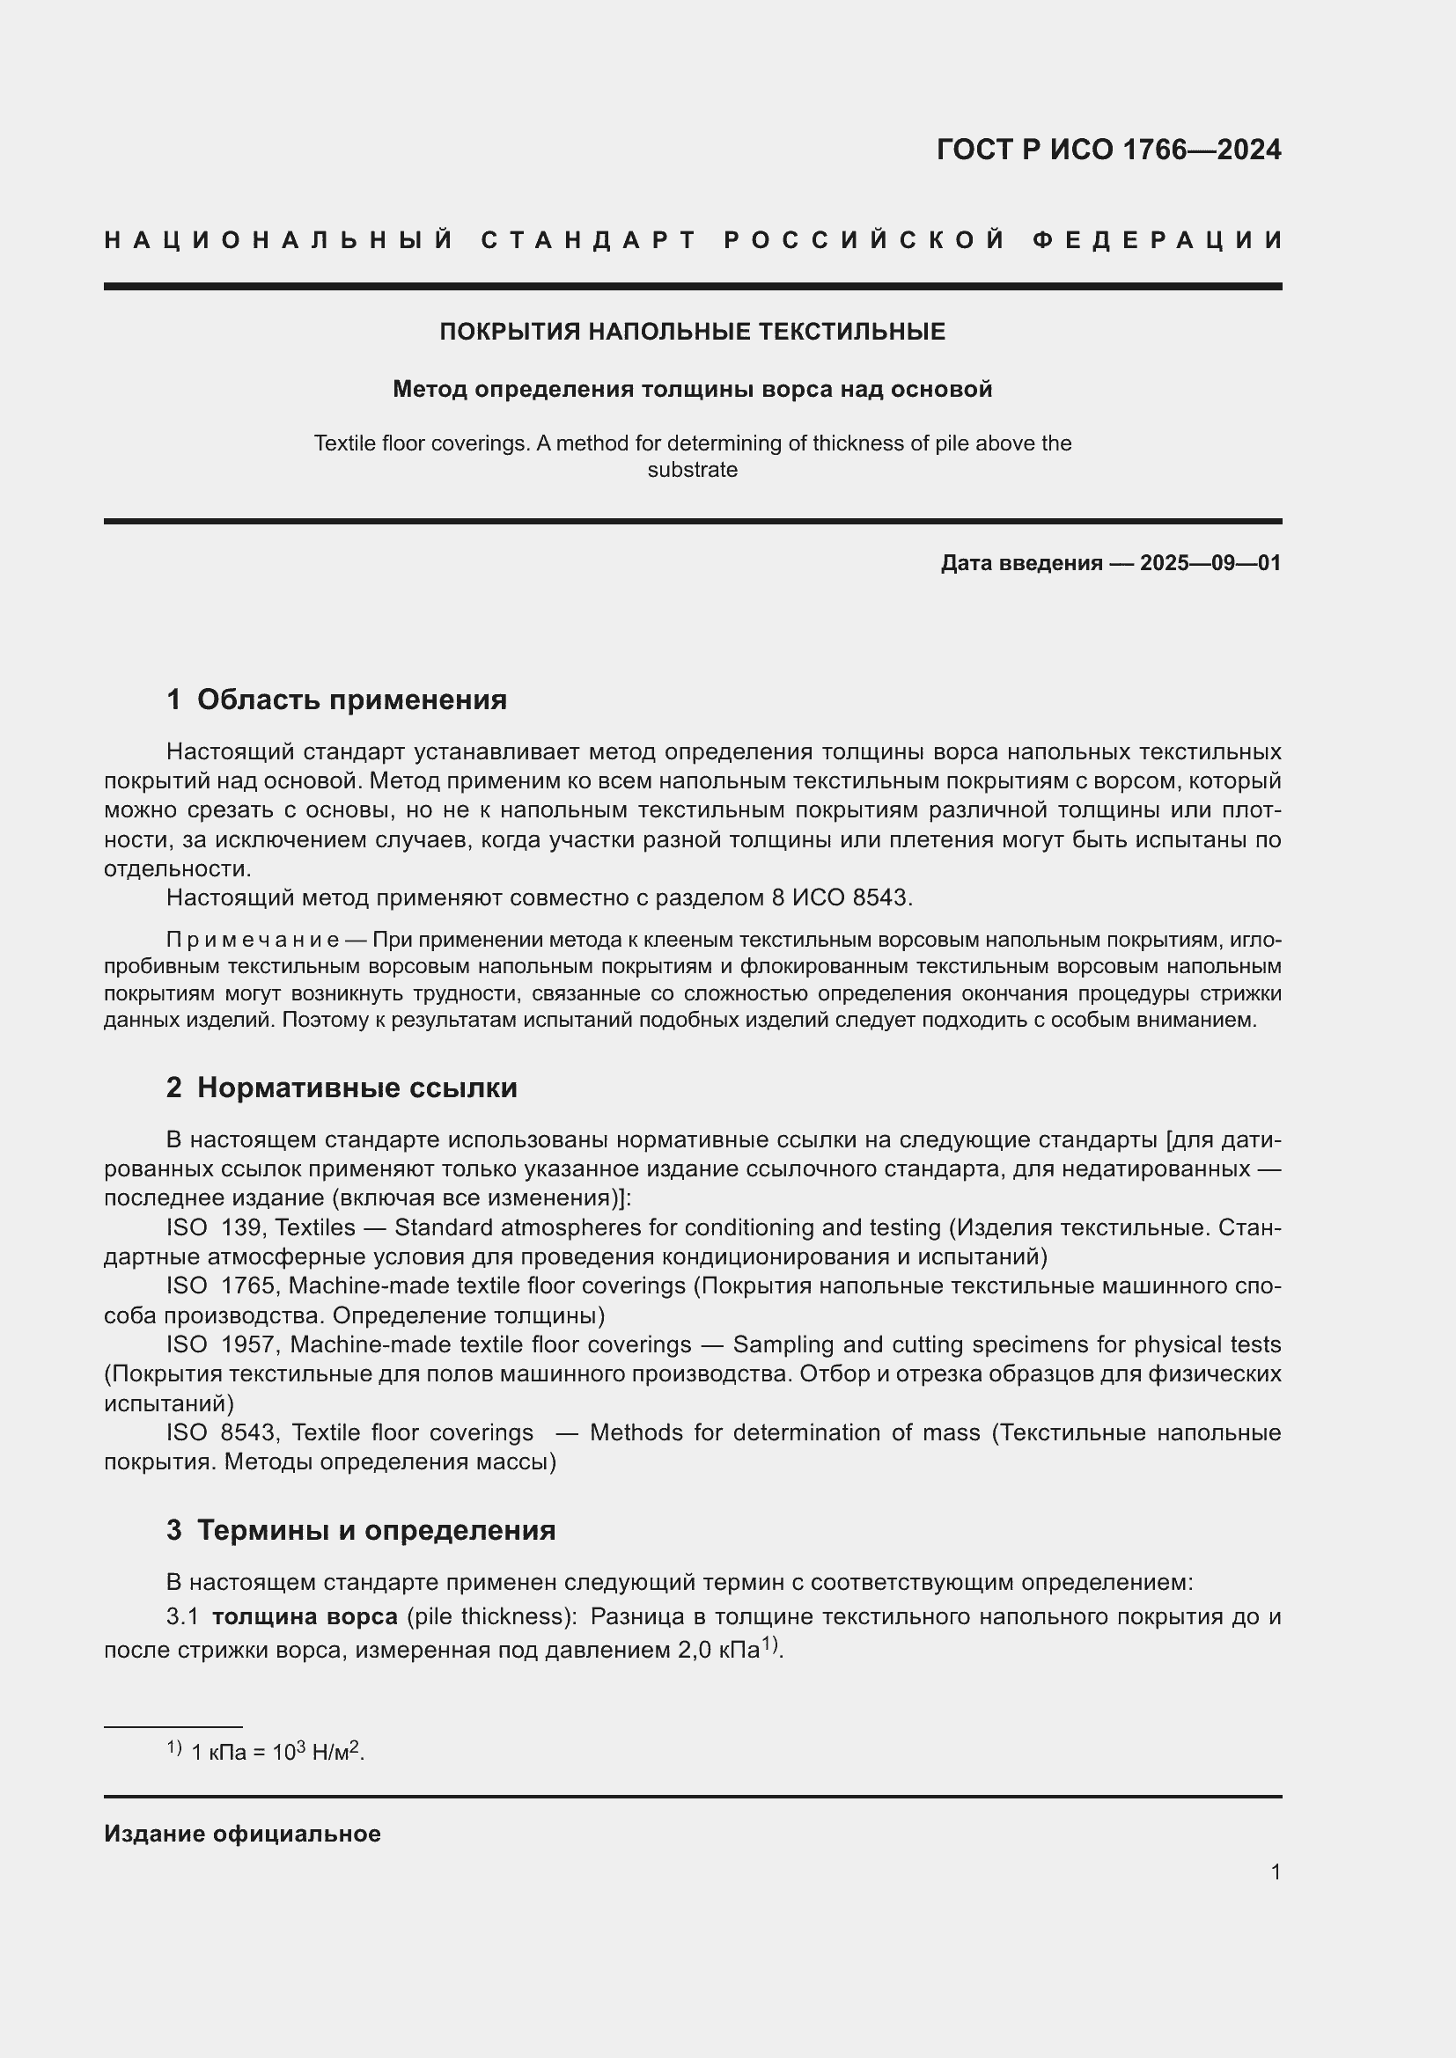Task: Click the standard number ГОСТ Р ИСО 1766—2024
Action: pyautogui.click(x=1108, y=150)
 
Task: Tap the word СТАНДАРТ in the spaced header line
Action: pyautogui.click(x=589, y=240)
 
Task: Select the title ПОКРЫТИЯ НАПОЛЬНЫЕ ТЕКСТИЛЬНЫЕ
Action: pyautogui.click(x=692, y=332)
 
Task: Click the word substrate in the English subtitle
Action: pyautogui.click(x=692, y=470)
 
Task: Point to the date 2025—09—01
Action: pyautogui.click(x=1210, y=563)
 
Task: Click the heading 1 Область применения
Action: pyautogui.click(x=336, y=699)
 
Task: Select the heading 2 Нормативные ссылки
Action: pyautogui.click(x=342, y=1088)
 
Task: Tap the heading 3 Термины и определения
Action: pyautogui.click(x=360, y=1529)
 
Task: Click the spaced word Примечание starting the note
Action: pyautogui.click(x=252, y=940)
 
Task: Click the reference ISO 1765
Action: pyautogui.click(x=224, y=1285)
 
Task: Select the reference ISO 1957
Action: pyautogui.click(x=224, y=1344)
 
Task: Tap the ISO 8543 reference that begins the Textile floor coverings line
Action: pyautogui.click(x=224, y=1432)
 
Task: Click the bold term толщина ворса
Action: pyautogui.click(x=304, y=1616)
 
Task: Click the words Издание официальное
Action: pyautogui.click(x=242, y=1834)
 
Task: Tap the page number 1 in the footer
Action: pyautogui.click(x=1275, y=1871)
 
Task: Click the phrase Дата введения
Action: pyautogui.click(x=1021, y=563)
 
